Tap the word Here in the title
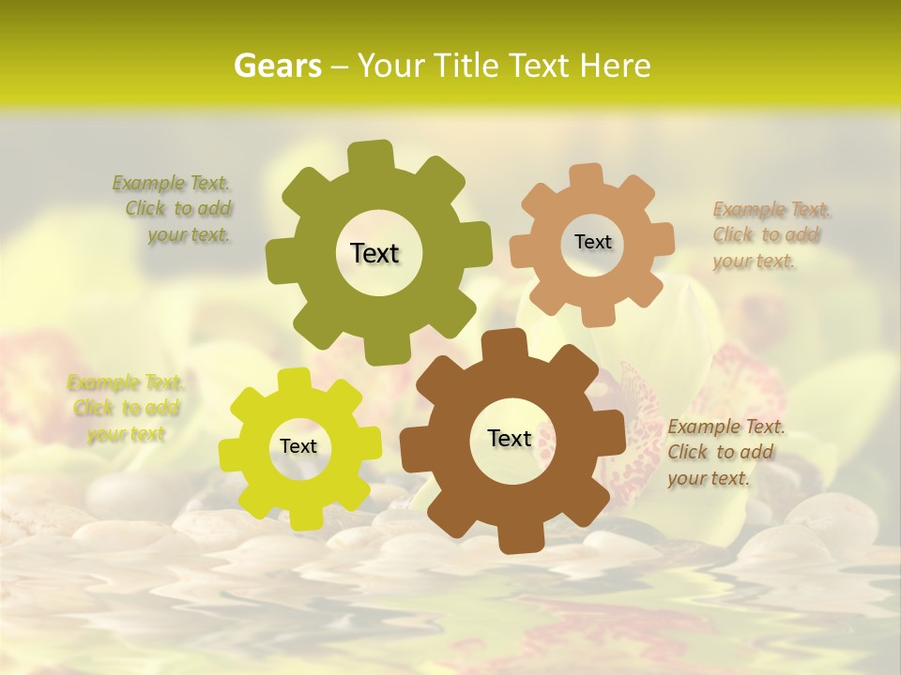click(615, 66)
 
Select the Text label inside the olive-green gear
click(374, 253)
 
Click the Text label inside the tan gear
click(592, 242)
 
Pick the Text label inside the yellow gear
click(298, 446)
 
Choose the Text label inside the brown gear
click(510, 438)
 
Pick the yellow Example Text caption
click(125, 408)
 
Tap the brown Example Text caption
click(725, 453)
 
